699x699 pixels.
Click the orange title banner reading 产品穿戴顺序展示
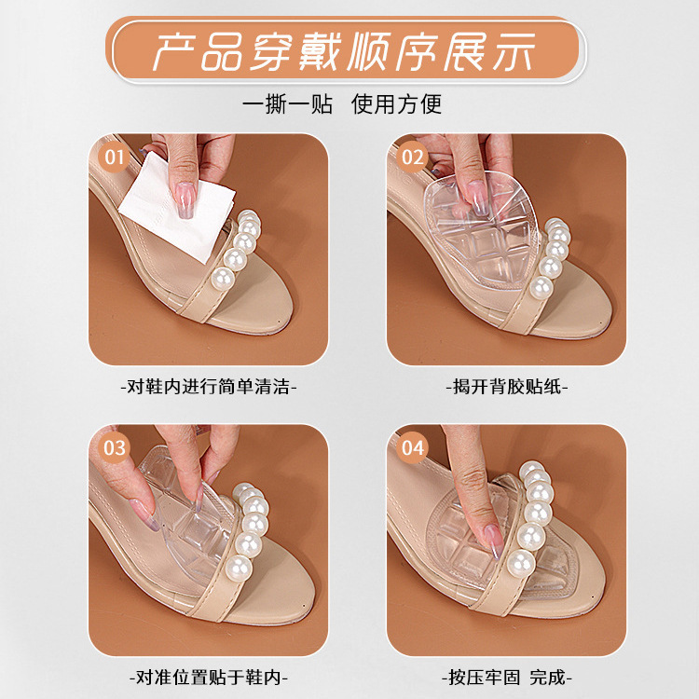(x=346, y=50)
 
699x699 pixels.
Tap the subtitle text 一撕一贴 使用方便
(x=342, y=104)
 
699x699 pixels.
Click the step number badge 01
(x=115, y=157)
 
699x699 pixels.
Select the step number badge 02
(x=412, y=157)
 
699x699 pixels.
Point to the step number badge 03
(x=115, y=447)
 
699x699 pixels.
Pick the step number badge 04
(x=412, y=447)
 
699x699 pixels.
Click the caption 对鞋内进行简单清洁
(x=209, y=386)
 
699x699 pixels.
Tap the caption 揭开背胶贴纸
(x=507, y=386)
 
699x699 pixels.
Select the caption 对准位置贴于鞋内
(x=209, y=678)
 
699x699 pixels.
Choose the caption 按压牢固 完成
(x=507, y=678)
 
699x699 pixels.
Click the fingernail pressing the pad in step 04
(x=493, y=541)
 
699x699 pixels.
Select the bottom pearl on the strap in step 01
(x=223, y=279)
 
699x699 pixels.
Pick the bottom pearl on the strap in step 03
(x=238, y=567)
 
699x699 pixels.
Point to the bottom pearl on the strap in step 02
(x=541, y=288)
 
